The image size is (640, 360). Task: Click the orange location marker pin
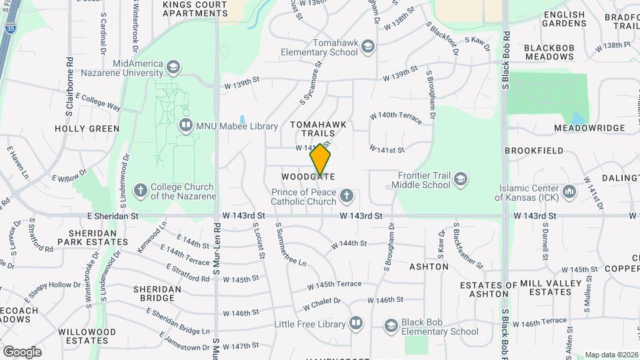click(x=321, y=160)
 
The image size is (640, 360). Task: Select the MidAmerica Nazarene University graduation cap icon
click(x=173, y=67)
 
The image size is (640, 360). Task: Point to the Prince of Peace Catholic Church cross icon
click(x=346, y=195)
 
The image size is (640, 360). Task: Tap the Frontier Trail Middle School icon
click(x=460, y=179)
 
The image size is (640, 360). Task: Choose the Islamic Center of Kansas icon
click(x=569, y=192)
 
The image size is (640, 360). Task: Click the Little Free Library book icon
click(x=356, y=324)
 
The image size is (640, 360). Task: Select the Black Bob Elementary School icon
click(x=391, y=325)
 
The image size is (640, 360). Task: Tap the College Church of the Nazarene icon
click(x=140, y=191)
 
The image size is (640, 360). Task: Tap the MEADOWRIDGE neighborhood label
click(x=587, y=127)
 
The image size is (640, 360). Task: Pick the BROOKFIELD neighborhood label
click(x=533, y=151)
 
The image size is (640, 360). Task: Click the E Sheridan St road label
click(x=112, y=216)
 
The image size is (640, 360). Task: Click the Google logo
click(x=22, y=351)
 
